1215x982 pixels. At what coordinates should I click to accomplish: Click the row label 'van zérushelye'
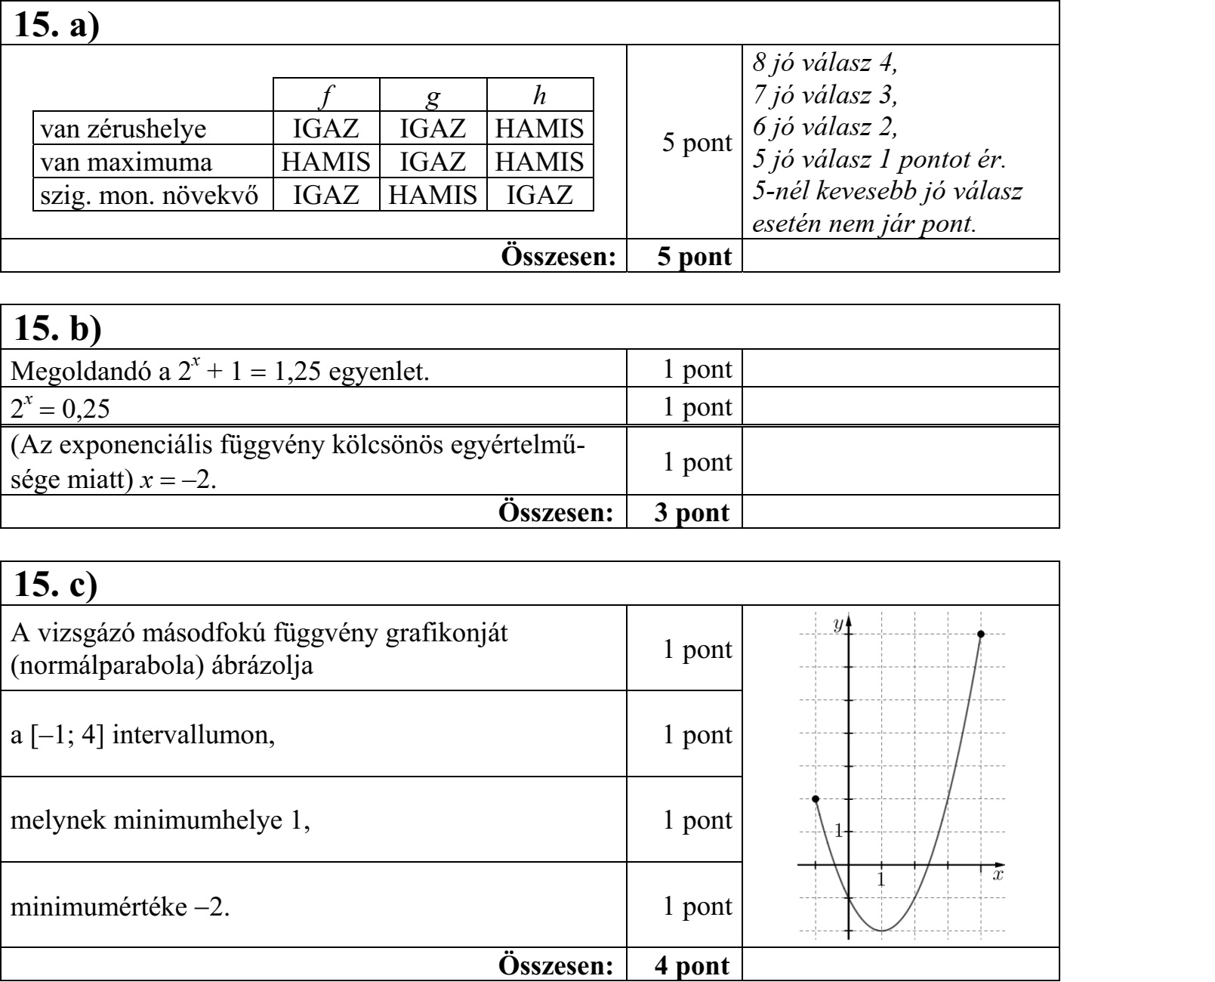123,129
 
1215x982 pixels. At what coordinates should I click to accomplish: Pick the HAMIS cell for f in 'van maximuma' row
325,162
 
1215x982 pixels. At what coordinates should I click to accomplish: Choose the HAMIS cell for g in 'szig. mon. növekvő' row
432,196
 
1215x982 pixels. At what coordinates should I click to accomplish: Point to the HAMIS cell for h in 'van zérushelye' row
539,129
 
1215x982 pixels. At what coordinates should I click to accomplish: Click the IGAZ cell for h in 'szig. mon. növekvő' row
539,196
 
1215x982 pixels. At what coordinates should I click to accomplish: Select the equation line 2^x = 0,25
60,408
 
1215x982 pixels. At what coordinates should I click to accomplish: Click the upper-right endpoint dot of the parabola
980,634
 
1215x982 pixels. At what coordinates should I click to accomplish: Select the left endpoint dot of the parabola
815,799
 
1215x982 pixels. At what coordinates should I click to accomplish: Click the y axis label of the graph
837,624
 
